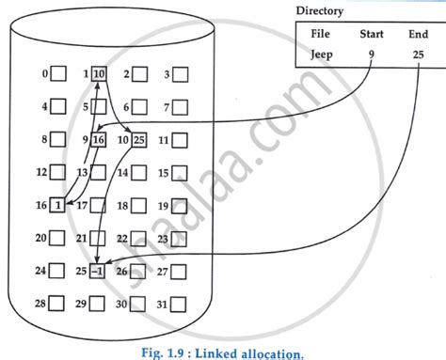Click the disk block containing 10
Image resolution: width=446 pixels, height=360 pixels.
[x=99, y=74]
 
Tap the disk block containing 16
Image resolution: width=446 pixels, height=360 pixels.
[x=99, y=141]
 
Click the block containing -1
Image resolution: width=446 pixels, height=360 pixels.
[x=99, y=272]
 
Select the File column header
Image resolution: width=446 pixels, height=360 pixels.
[x=321, y=35]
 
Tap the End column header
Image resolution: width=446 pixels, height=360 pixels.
[x=417, y=35]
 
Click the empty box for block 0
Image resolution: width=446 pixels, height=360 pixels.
[x=57, y=74]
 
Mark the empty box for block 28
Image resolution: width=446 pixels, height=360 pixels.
[x=57, y=305]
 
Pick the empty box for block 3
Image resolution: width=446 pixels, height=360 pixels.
[x=181, y=74]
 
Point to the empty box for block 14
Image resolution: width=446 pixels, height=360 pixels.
[x=139, y=173]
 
